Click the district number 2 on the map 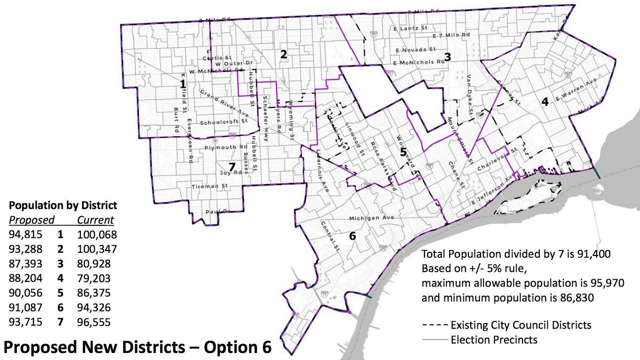coord(283,54)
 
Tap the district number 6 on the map coord(352,236)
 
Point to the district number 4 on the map coord(545,102)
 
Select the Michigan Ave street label coord(371,218)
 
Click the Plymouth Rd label coord(226,147)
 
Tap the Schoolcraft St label coord(224,122)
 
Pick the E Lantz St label coord(410,28)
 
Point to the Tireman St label coord(210,186)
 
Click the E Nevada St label coord(416,50)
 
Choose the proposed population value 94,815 coord(26,235)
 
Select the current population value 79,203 coord(94,278)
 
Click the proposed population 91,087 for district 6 coord(26,307)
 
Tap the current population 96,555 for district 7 coord(94,322)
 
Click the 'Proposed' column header coord(31,220)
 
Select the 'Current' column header coord(95,220)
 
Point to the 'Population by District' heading coord(63,205)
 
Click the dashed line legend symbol coord(434,325)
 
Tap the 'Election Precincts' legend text coord(494,340)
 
